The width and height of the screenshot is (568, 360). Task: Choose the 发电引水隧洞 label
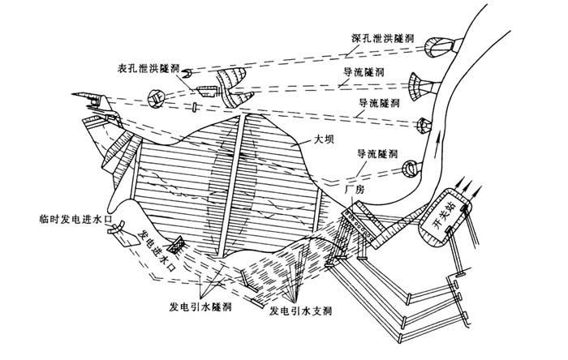[200, 309]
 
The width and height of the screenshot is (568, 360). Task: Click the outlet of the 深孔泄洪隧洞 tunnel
[438, 45]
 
